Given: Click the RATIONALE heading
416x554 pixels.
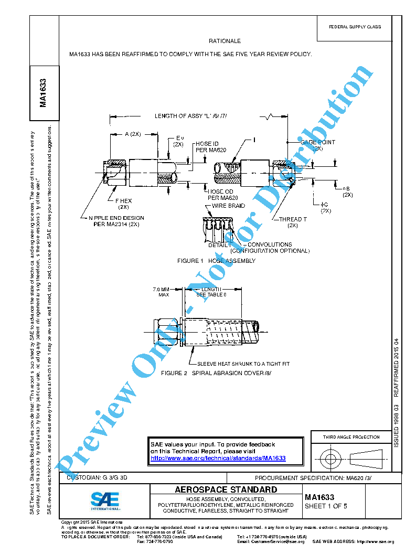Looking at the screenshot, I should click(225, 41).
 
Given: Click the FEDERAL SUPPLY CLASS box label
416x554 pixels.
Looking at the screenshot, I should click(355, 27).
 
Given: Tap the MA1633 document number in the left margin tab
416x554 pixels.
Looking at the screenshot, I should click(44, 93).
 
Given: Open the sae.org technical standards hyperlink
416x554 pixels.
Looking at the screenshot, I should click(218, 458).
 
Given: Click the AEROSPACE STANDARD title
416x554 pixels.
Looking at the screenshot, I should click(226, 490).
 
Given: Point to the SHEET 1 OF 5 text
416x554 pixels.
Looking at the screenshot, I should click(326, 506).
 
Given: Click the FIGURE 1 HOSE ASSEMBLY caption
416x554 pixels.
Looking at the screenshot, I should click(216, 261).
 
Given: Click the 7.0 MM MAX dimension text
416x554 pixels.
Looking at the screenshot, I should click(161, 292).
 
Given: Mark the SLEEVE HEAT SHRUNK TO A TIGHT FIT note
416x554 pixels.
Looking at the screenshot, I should click(243, 364).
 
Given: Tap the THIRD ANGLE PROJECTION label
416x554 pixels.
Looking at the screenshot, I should click(351, 437).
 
